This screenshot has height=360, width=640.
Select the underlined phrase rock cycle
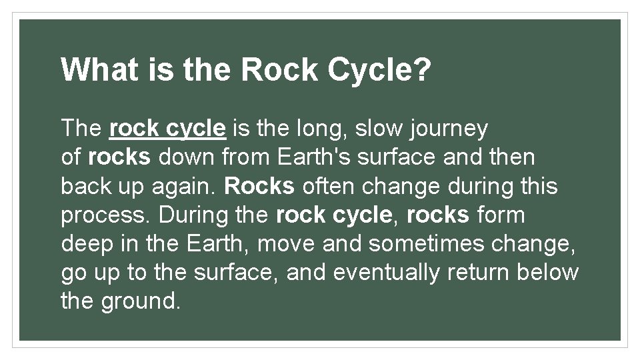pyautogui.click(x=167, y=128)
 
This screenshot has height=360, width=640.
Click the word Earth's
pyautogui.click(x=311, y=157)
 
